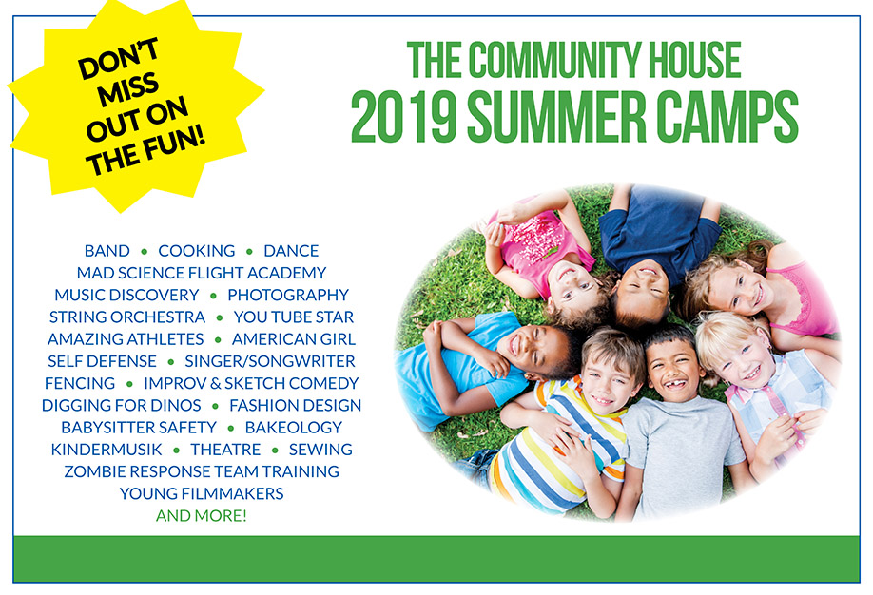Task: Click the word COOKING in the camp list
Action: pyautogui.click(x=197, y=251)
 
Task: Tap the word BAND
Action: pyautogui.click(x=107, y=251)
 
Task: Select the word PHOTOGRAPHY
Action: pyautogui.click(x=288, y=295)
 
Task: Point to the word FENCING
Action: pyautogui.click(x=80, y=383)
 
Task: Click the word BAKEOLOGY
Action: pyautogui.click(x=294, y=428)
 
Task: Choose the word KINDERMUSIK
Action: pyautogui.click(x=107, y=450)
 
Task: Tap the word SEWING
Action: pyautogui.click(x=320, y=450)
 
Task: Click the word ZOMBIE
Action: pyautogui.click(x=94, y=471)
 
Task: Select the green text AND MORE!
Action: pyautogui.click(x=201, y=515)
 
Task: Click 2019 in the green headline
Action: pyautogui.click(x=403, y=118)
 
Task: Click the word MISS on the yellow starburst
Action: pyautogui.click(x=128, y=89)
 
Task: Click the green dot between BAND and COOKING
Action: pyautogui.click(x=145, y=252)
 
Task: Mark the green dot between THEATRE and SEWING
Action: pyautogui.click(x=275, y=450)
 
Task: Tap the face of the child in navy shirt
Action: pyautogui.click(x=644, y=285)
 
